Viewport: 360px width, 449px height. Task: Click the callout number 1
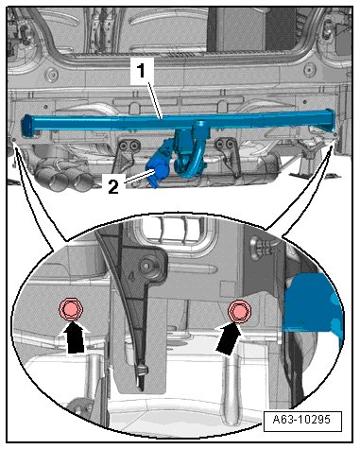[x=142, y=71]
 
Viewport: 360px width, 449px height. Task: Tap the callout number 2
[x=113, y=187]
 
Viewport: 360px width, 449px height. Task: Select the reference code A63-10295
[x=301, y=420]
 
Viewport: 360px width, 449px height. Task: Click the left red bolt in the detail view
[x=72, y=310]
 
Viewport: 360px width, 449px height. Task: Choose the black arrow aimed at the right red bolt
[x=231, y=338]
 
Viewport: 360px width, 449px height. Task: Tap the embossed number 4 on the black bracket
[x=132, y=275]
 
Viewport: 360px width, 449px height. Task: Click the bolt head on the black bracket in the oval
[x=147, y=266]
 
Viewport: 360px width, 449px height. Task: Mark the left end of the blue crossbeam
[x=27, y=126]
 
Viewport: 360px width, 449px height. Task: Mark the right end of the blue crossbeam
[x=329, y=119]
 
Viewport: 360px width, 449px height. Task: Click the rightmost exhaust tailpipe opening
[x=82, y=182]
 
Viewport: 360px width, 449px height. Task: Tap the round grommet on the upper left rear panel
[x=52, y=75]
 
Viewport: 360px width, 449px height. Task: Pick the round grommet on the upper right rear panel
[x=310, y=69]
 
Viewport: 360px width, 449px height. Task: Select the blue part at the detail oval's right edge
[x=312, y=304]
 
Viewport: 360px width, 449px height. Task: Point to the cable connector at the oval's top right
[x=263, y=246]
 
